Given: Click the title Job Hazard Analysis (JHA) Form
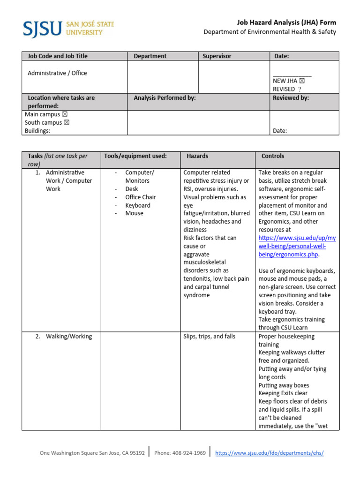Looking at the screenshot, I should pos(286,22).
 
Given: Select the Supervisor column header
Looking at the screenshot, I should pos(217,56).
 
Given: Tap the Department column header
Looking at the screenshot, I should pos(150,56).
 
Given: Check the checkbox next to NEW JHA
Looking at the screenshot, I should pos(302,81).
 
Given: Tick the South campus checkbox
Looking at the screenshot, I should pos(67,123).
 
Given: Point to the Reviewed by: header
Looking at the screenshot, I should pos(291,98).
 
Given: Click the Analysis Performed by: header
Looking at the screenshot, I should pos(165,98).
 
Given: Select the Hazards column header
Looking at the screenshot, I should pos(197,156).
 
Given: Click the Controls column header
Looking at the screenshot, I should pos(272,156).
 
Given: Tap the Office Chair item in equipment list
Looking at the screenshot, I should pos(140,197).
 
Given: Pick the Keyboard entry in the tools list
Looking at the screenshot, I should pos(138,205).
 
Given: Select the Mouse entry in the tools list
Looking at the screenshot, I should pos(134,213).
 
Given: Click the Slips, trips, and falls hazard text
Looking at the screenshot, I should pos(209,337).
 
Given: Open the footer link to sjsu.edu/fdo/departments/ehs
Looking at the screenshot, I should pos(269,453).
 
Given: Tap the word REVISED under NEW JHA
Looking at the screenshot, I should pos(284,89).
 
